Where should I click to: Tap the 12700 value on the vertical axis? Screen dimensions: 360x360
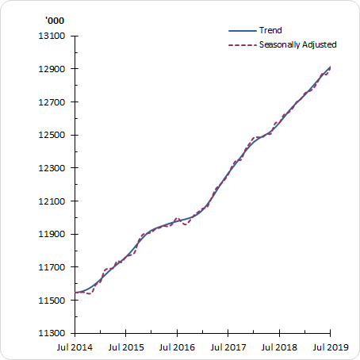[x=53, y=102]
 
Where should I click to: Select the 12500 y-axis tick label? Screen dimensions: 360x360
[x=53, y=136]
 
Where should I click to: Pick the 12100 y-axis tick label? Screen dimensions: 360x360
[x=53, y=201]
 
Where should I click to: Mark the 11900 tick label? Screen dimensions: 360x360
[x=53, y=235]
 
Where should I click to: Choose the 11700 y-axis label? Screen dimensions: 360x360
[x=53, y=268]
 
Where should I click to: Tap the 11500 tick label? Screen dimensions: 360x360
[x=53, y=301]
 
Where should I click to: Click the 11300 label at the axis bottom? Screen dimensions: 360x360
[x=53, y=334]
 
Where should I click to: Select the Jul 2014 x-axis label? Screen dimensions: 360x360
[x=75, y=347]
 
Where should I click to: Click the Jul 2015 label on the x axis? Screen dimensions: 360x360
[x=125, y=347]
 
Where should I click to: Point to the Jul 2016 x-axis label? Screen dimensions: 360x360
[x=177, y=347]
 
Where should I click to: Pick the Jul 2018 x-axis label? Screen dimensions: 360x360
[x=279, y=347]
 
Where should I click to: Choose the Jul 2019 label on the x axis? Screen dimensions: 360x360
[x=330, y=347]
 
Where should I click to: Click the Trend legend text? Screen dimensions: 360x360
[x=271, y=31]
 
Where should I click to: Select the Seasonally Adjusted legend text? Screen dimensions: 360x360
[x=298, y=44]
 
